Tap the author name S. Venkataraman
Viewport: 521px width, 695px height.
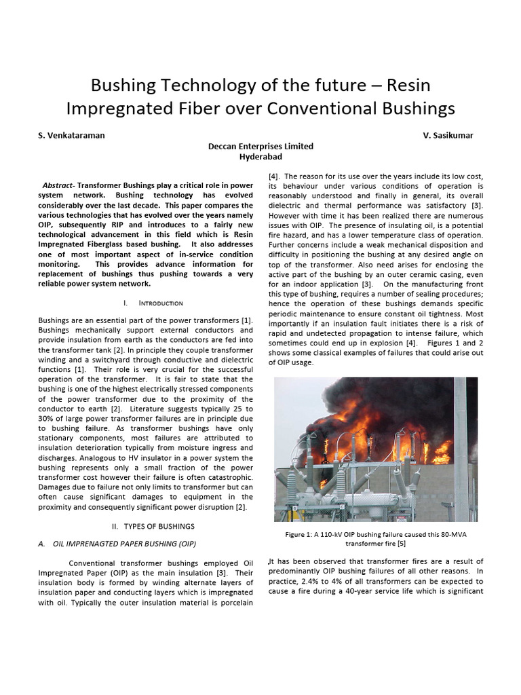(x=71, y=135)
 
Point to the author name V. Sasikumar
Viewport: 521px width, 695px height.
(x=448, y=135)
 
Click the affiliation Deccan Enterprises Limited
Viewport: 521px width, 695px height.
(x=260, y=146)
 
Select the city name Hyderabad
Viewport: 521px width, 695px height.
(x=260, y=156)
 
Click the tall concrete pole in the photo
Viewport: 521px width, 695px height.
(x=461, y=448)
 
